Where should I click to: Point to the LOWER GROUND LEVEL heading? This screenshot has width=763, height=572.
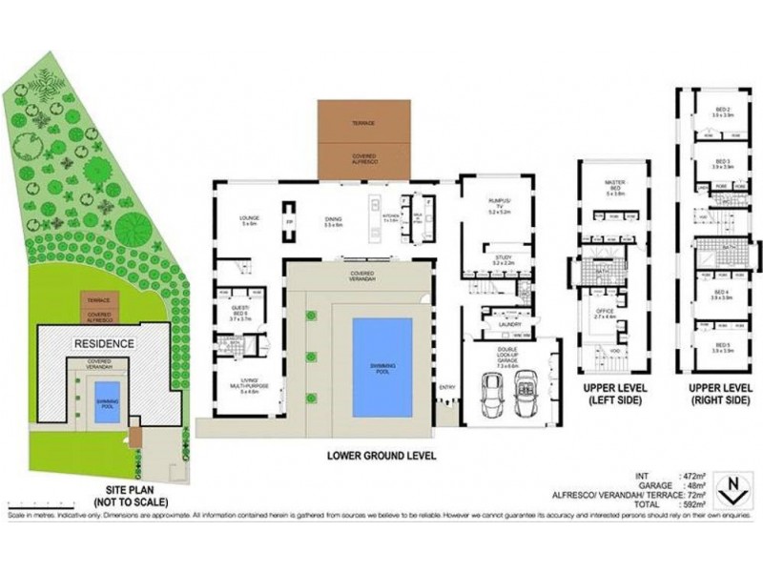381,456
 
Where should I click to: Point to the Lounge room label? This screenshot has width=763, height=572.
250,220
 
